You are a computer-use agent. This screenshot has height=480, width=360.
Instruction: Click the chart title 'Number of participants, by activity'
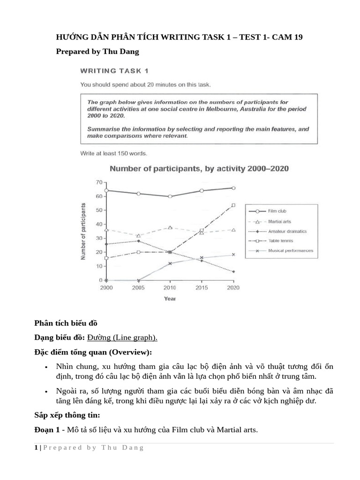click(x=199, y=169)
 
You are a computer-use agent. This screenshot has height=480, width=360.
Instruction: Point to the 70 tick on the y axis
click(x=98, y=182)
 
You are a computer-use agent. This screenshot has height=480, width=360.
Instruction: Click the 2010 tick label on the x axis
click(x=170, y=288)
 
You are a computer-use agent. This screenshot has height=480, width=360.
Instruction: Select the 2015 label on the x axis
click(x=202, y=288)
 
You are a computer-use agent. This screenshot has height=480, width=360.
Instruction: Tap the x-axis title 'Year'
click(x=170, y=298)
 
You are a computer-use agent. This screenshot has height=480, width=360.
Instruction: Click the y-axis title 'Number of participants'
click(x=84, y=232)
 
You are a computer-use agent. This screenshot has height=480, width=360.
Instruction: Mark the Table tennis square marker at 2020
click(x=233, y=205)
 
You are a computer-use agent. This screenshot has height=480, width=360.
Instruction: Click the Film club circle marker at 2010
click(x=170, y=196)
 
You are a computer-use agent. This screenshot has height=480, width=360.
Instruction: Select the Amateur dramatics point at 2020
click(x=233, y=272)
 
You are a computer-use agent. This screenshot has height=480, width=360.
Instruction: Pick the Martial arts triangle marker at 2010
click(x=170, y=227)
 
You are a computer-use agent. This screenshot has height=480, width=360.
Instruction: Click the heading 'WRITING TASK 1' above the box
click(x=114, y=71)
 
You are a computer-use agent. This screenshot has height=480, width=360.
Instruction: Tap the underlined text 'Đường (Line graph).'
click(x=122, y=337)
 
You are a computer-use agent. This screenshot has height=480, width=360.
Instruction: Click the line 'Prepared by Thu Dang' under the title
click(x=97, y=52)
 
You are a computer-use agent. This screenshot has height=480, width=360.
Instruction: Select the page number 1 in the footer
click(x=36, y=448)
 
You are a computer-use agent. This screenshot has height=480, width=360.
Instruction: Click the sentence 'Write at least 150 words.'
click(x=113, y=153)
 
